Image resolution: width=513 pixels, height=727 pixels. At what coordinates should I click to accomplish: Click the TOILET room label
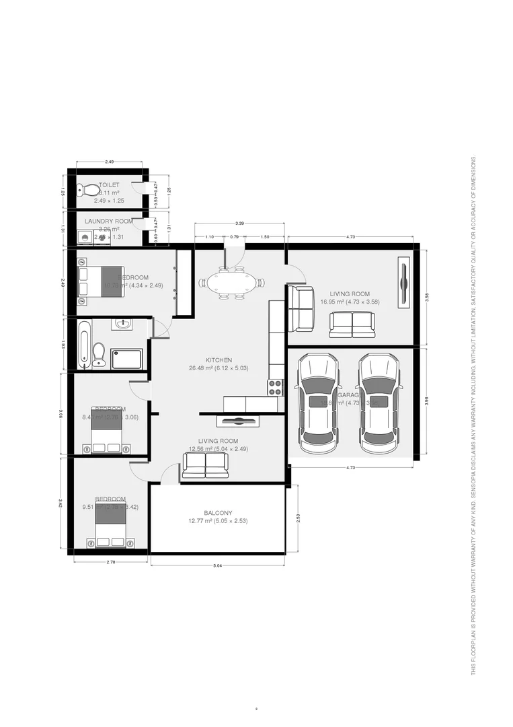(109, 184)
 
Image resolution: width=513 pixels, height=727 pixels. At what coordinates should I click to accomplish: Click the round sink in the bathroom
(124, 325)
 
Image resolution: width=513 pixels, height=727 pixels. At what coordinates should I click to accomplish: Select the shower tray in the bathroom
(126, 359)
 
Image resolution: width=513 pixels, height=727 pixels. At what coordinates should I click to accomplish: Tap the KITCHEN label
(220, 360)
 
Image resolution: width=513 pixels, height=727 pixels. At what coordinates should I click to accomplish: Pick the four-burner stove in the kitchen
(276, 386)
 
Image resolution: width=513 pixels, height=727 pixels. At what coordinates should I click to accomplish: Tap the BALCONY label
(219, 512)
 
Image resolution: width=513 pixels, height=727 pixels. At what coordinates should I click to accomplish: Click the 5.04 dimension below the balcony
(217, 565)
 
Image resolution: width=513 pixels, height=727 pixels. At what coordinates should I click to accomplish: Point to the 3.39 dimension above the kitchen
(239, 223)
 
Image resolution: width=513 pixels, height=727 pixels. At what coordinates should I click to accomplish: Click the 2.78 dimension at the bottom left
(110, 561)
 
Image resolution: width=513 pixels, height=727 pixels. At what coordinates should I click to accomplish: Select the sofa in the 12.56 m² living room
(205, 464)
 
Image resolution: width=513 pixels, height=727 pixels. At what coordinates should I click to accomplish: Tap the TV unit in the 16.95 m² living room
(403, 282)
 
